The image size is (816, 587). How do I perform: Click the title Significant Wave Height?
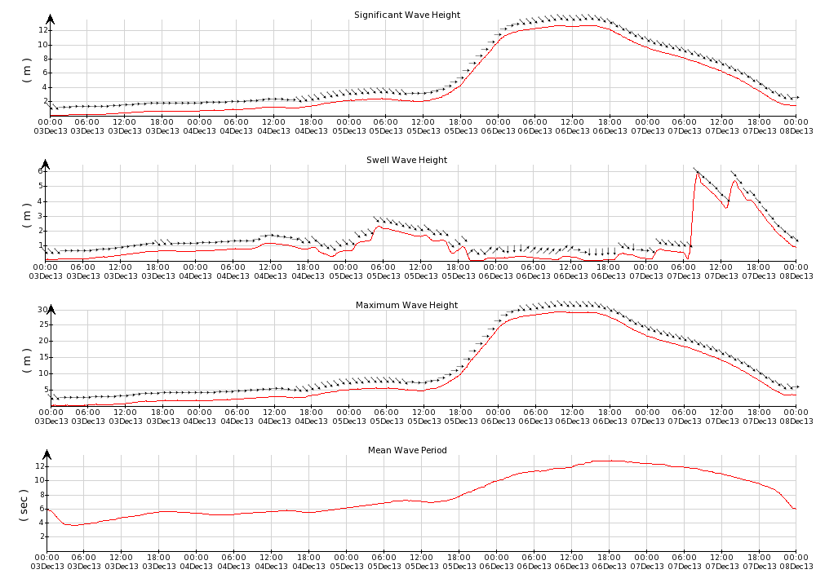pyautogui.click(x=406, y=15)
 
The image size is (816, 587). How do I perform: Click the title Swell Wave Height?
pyautogui.click(x=406, y=160)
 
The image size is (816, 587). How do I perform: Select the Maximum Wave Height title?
pyautogui.click(x=406, y=305)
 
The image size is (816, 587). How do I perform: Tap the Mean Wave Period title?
pyautogui.click(x=406, y=450)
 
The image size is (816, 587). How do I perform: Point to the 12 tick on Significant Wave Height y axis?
pyautogui.click(x=38, y=30)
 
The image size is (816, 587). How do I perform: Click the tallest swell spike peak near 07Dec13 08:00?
pyautogui.click(x=698, y=173)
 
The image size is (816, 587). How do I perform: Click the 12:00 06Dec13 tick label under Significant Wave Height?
pyautogui.click(x=571, y=126)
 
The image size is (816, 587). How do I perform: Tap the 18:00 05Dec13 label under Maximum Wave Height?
pyautogui.click(x=459, y=416)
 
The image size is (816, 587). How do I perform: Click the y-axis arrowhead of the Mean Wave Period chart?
pyautogui.click(x=50, y=454)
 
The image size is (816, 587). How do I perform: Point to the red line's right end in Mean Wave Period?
pyautogui.click(x=795, y=509)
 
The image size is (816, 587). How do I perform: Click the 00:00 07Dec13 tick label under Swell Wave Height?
pyautogui.click(x=646, y=271)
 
